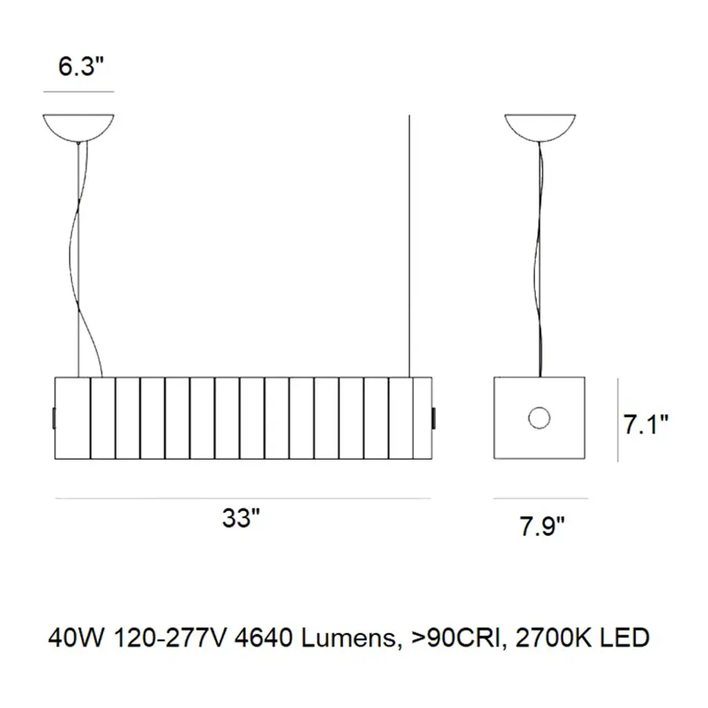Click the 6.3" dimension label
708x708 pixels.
(x=81, y=66)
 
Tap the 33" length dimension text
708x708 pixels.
(x=241, y=518)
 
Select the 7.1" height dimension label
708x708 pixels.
(x=646, y=425)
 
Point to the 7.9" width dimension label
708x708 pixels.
(x=542, y=526)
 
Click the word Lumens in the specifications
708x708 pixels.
(x=348, y=638)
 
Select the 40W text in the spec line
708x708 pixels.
(x=76, y=638)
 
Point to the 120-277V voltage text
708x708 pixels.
(x=169, y=638)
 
